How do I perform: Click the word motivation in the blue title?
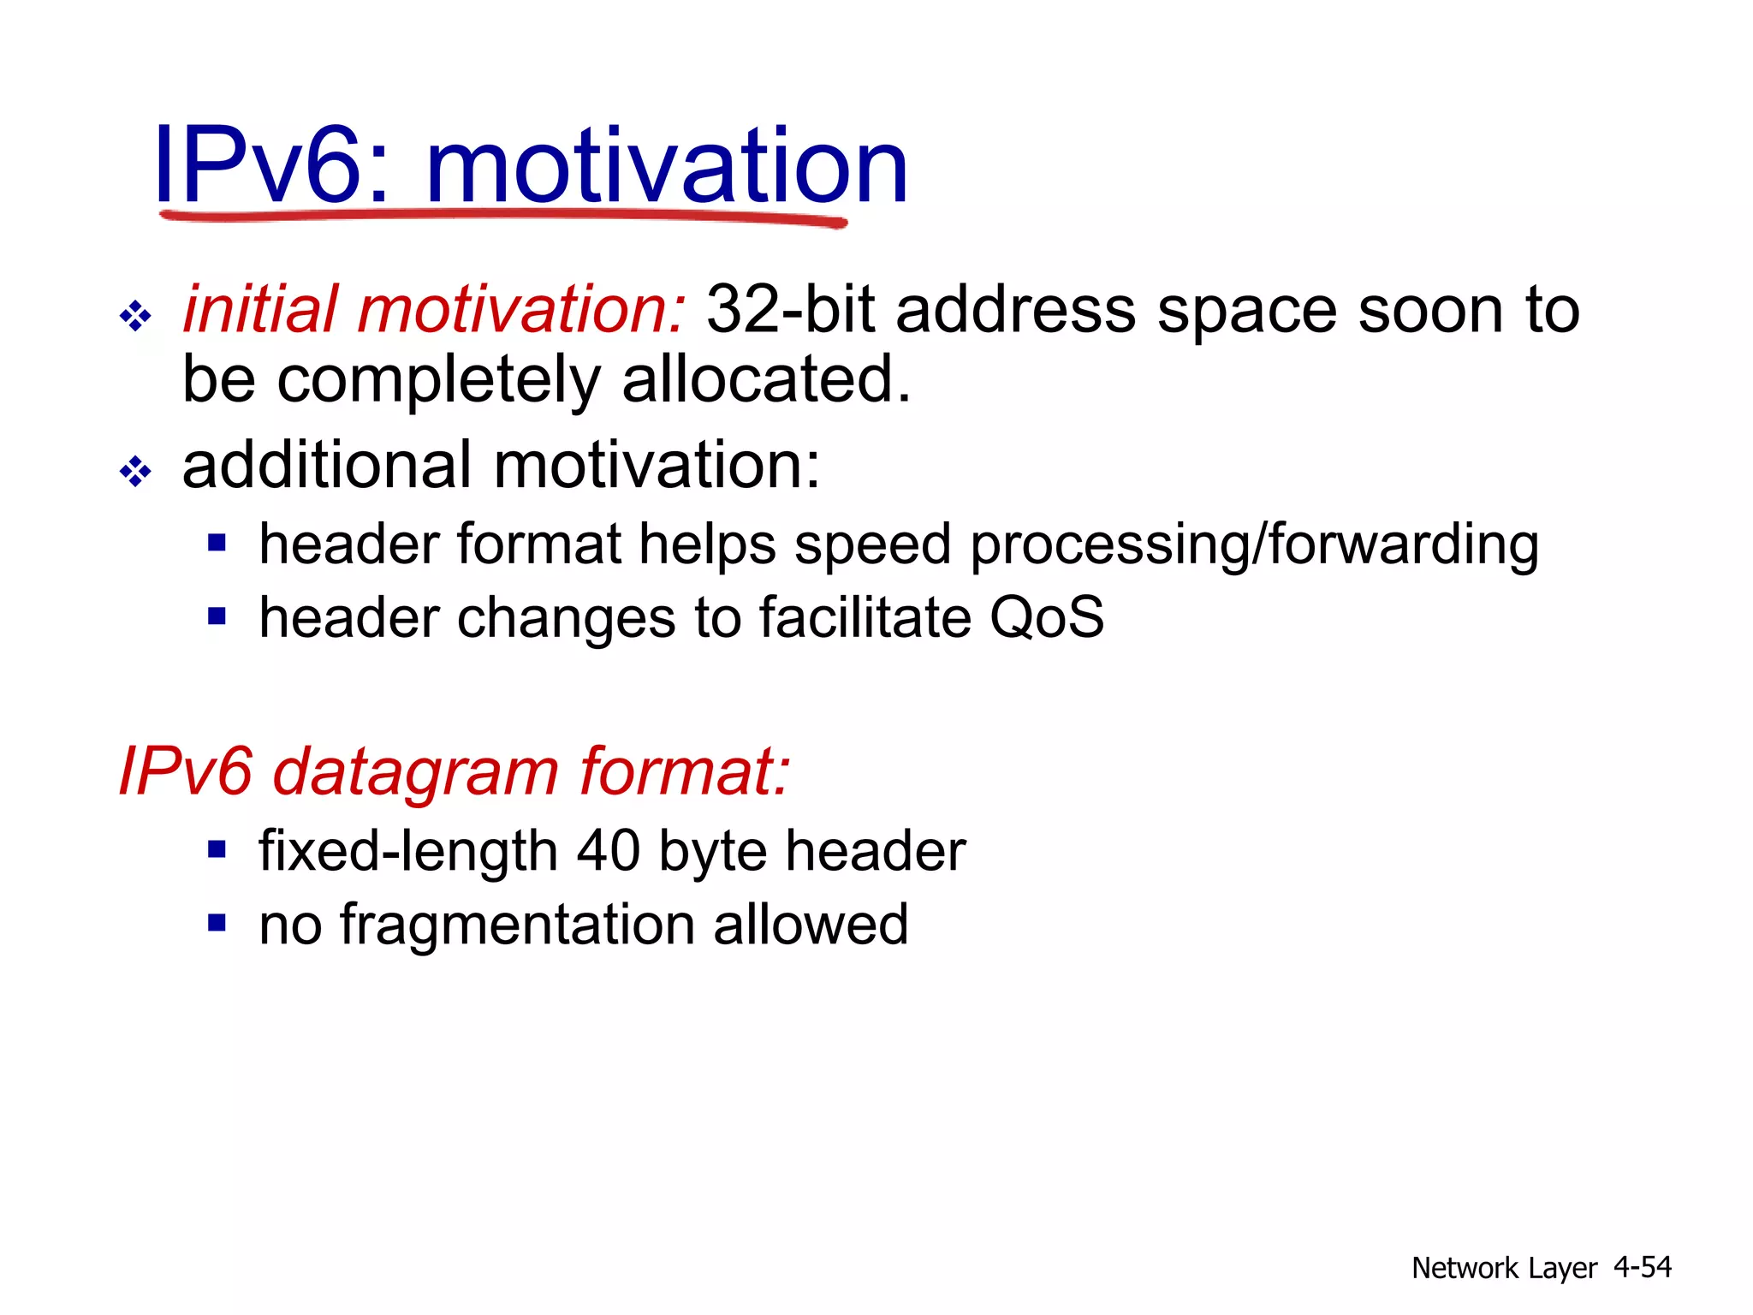[666, 164]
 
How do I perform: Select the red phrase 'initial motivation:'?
[434, 310]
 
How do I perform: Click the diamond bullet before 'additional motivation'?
[135, 470]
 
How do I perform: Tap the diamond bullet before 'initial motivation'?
[135, 316]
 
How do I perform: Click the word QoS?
[1046, 617]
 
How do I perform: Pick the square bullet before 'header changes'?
[217, 616]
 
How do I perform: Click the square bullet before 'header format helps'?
[217, 543]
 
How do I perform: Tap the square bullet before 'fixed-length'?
[217, 849]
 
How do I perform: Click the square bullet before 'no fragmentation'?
[217, 923]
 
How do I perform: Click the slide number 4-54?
[1642, 1267]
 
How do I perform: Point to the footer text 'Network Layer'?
[1504, 1268]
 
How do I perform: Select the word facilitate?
[865, 617]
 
